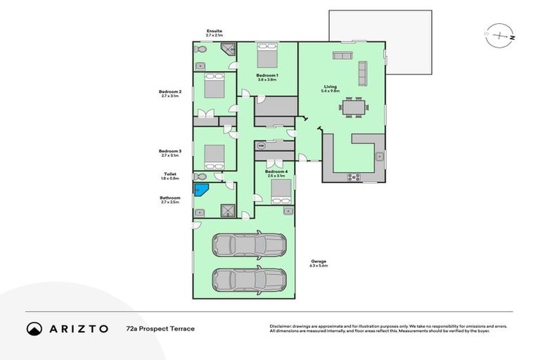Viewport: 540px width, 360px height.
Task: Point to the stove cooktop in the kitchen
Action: (354, 177)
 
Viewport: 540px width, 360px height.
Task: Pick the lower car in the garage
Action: (249, 280)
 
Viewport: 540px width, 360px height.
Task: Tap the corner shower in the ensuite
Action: (228, 50)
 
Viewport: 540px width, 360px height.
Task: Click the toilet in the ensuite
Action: (200, 51)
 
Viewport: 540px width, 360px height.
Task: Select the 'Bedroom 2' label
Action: (170, 91)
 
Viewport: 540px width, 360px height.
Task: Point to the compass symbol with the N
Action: (500, 34)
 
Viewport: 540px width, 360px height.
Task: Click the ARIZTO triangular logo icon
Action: (34, 328)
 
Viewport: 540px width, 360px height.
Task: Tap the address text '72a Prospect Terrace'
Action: (160, 328)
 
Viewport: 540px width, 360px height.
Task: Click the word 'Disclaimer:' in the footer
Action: (283, 326)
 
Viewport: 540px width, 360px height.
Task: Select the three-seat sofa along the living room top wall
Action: (342, 56)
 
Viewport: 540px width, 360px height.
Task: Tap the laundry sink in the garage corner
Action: (287, 210)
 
